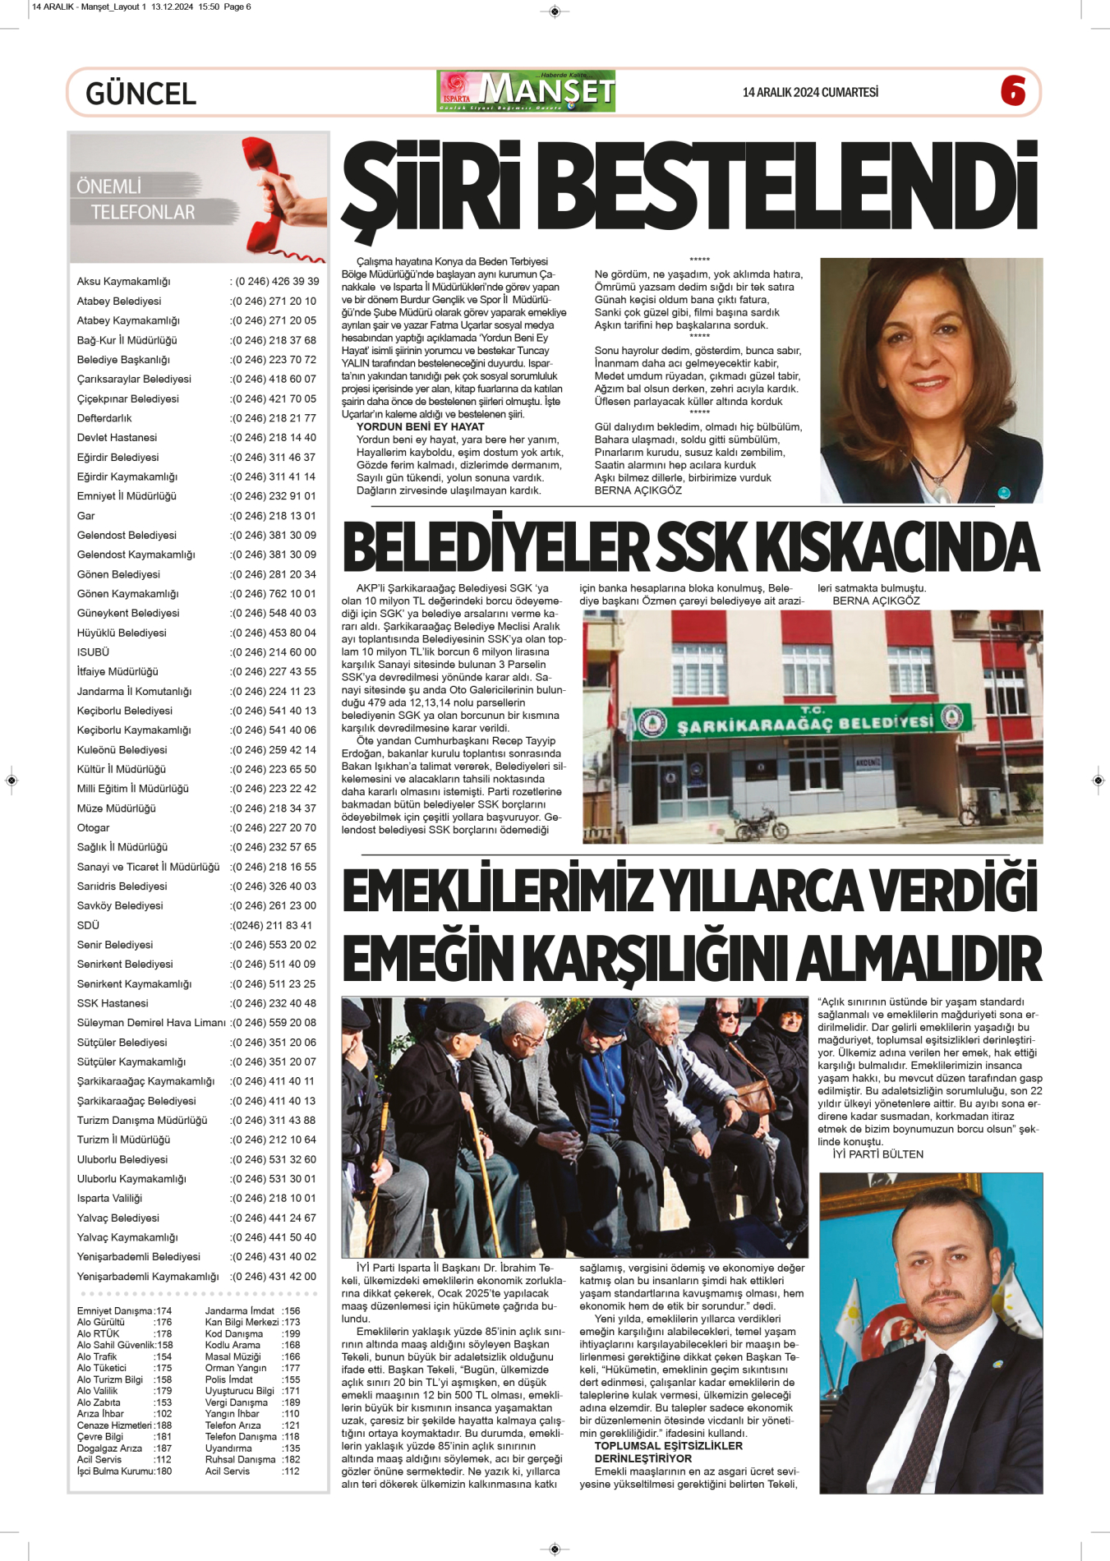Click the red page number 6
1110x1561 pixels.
tap(1013, 90)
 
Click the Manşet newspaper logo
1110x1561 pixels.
tap(527, 91)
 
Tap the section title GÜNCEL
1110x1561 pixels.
tap(140, 94)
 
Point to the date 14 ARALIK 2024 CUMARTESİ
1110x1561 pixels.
tap(809, 93)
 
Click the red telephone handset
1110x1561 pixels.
tap(273, 195)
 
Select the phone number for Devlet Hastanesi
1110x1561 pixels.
tap(274, 438)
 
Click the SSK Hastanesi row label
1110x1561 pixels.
tap(113, 1003)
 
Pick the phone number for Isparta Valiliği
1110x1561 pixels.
tap(274, 1199)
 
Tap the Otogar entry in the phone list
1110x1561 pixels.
tap(94, 827)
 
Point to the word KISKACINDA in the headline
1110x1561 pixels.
tap(896, 549)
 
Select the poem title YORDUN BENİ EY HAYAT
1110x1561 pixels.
tap(420, 427)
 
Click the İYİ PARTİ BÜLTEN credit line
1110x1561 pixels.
tap(877, 1154)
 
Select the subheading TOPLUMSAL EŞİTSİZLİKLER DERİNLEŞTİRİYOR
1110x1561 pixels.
tap(668, 1452)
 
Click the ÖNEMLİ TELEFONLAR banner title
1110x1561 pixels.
tap(136, 200)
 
